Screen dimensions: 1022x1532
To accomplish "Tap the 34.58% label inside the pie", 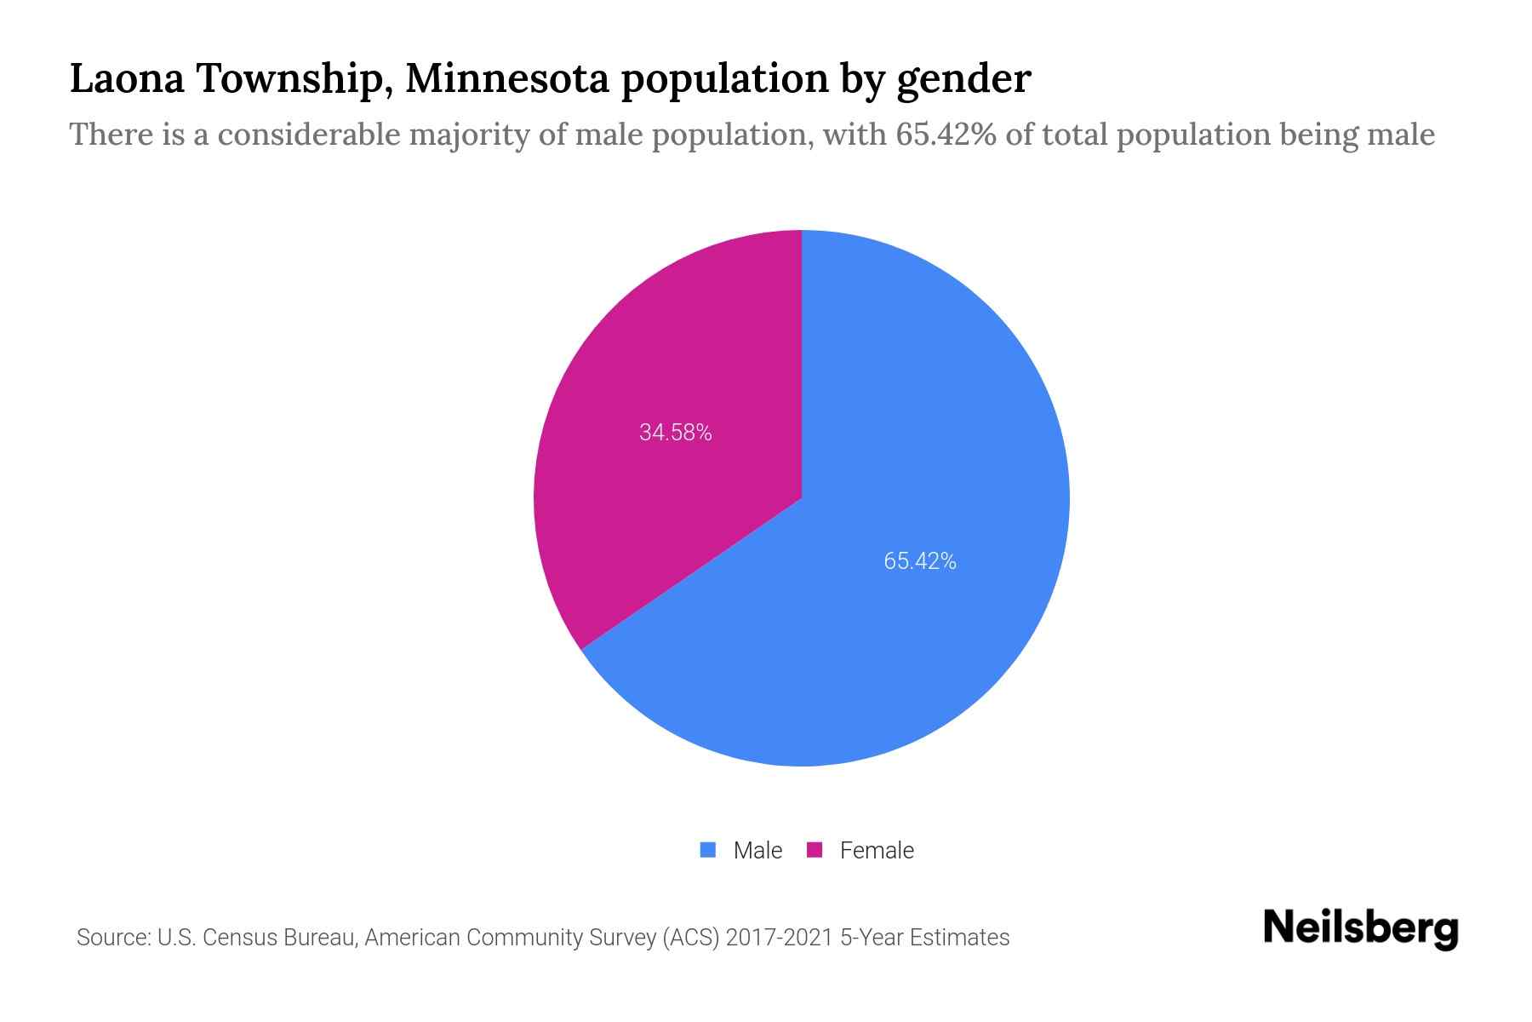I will click(676, 433).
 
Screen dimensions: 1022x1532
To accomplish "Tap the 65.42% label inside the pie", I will click(920, 561).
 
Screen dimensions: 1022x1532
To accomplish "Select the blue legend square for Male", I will click(708, 850).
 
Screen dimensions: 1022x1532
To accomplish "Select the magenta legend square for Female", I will click(815, 850).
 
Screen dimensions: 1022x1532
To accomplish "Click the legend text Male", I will click(757, 850).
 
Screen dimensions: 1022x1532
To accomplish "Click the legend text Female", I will click(877, 850).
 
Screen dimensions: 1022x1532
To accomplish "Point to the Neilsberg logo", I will click(1360, 928).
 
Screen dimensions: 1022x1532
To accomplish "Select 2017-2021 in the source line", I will click(780, 938).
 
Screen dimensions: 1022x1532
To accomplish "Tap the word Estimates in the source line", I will click(959, 938).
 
